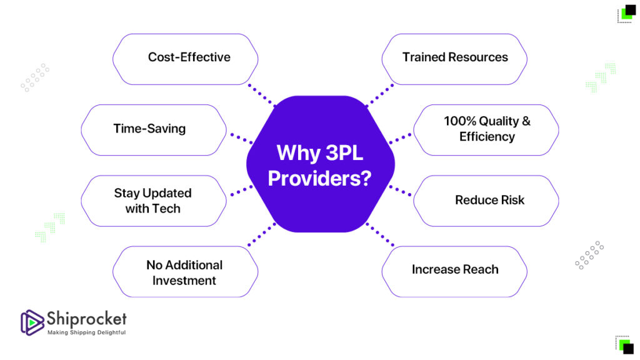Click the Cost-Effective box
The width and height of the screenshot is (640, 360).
tap(185, 59)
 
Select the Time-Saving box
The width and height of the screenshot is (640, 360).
tap(154, 130)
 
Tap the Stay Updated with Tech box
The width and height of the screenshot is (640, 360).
tap(154, 201)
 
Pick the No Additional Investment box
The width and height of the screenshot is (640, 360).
tap(185, 271)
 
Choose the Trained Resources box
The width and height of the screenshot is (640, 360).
tap(454, 59)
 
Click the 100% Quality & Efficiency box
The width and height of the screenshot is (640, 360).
tap(486, 130)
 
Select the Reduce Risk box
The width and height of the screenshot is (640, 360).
tap(486, 201)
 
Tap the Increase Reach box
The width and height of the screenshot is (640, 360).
tap(454, 271)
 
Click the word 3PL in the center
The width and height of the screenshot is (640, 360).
tap(344, 153)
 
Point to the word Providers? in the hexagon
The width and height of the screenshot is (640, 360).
tap(319, 179)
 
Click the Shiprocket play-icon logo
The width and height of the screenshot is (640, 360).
tap(32, 322)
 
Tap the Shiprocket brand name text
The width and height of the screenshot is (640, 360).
tap(86, 318)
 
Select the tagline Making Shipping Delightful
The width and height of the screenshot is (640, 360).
tap(86, 332)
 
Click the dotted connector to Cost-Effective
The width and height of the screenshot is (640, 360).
tap(262, 95)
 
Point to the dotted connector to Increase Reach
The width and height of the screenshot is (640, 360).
tap(380, 235)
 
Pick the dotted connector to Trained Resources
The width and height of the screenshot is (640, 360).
tap(380, 95)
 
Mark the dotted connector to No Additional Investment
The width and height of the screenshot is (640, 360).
tap(262, 235)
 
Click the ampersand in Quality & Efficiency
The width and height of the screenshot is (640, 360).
tap(526, 121)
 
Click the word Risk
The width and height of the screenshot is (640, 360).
tap(512, 200)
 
